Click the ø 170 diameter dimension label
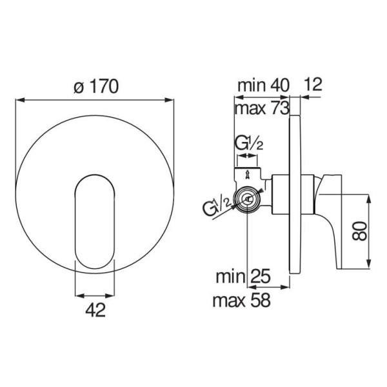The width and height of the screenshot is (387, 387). tap(96, 86)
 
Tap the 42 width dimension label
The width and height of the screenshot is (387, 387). tap(95, 310)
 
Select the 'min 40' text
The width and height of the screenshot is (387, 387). tap(263, 85)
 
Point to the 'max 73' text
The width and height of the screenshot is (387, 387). tap(262, 108)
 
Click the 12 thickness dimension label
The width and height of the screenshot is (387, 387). tap(313, 84)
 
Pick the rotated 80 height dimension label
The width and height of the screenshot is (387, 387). tap(359, 231)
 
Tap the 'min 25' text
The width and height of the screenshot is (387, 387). tap(243, 277)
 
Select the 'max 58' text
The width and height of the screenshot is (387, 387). tap(242, 300)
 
